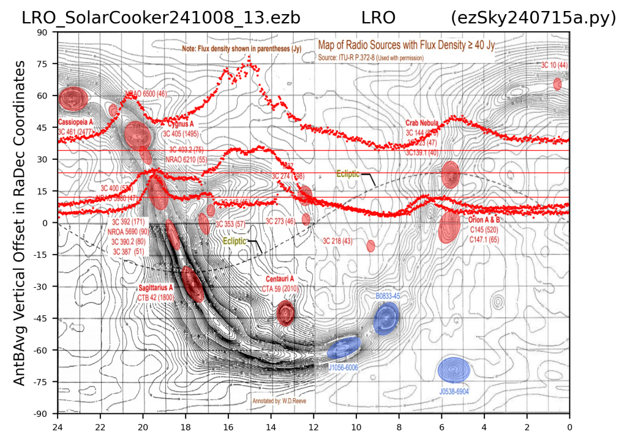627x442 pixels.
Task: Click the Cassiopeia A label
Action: point(75,122)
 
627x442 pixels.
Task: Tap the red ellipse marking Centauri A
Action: point(285,313)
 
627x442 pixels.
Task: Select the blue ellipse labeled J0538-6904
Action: point(454,370)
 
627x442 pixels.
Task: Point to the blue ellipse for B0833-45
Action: point(387,318)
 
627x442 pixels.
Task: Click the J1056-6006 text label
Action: point(344,367)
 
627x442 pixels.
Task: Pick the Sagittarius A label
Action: point(156,287)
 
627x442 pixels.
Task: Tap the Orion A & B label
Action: point(484,219)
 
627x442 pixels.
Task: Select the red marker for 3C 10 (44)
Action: point(557,84)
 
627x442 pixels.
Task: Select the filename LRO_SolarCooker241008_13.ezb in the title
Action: point(161,18)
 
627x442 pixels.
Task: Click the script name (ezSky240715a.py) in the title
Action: point(533,18)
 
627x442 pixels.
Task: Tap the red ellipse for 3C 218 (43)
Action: point(370,246)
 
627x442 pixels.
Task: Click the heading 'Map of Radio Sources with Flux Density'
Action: point(405,45)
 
